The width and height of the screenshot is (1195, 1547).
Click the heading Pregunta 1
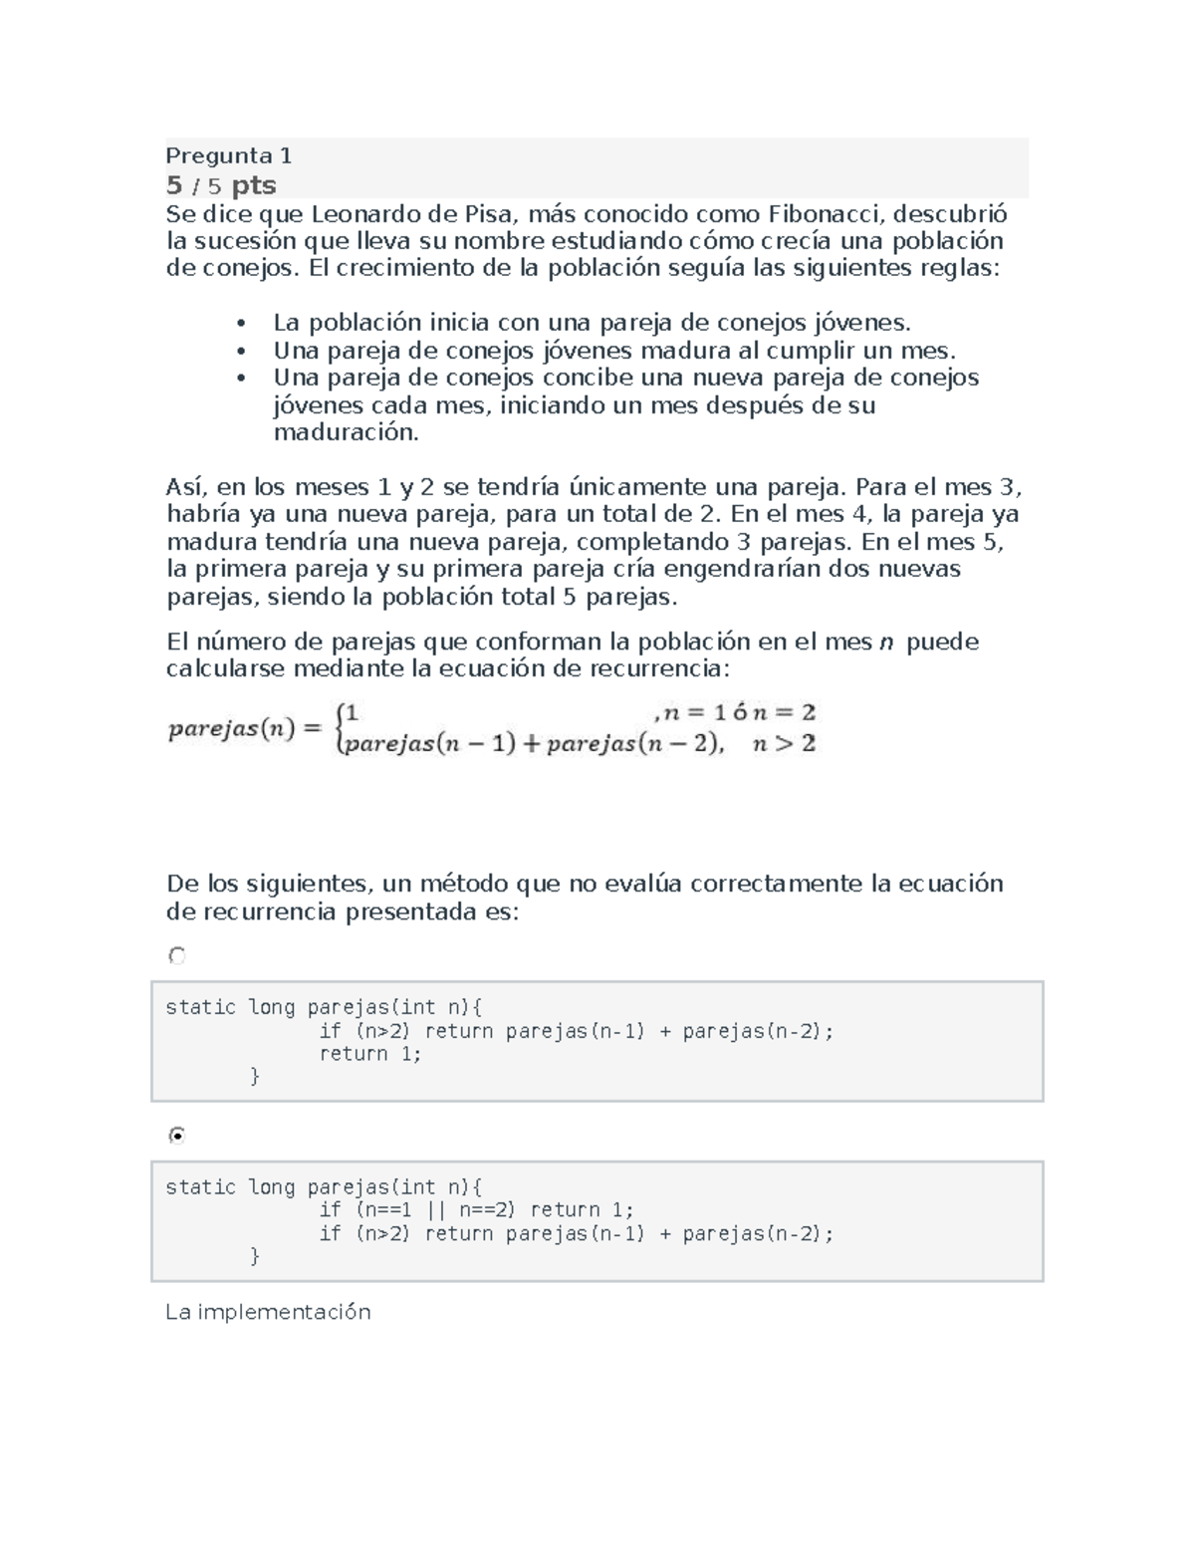228,155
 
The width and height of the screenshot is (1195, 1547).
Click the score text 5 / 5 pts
220,185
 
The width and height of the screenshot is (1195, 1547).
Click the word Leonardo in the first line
360,214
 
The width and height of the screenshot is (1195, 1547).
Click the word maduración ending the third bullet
346,432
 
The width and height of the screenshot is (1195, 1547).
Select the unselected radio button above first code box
177,956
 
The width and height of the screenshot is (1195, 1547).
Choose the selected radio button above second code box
177,1136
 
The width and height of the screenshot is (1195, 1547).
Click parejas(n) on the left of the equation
231,729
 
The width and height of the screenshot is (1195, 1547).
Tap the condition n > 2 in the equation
784,744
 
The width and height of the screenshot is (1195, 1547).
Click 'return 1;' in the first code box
370,1054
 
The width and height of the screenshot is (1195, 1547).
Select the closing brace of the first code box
254,1076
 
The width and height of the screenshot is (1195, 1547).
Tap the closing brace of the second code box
254,1256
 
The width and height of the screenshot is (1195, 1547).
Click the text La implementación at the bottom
268,1312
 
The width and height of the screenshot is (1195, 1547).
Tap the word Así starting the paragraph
186,487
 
